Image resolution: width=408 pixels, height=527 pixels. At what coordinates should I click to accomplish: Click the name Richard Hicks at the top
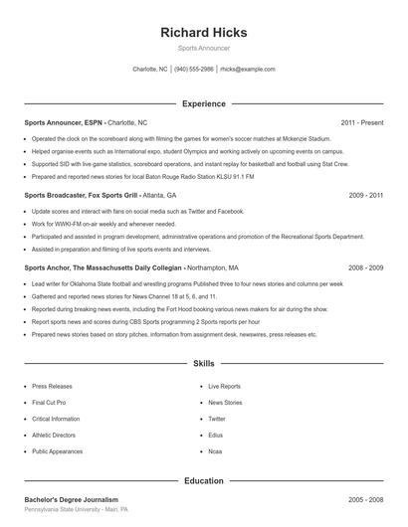click(x=204, y=32)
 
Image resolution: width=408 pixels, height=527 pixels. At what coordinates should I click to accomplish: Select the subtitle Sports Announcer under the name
click(x=204, y=48)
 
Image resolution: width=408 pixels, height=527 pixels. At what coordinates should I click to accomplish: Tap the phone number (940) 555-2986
click(x=194, y=70)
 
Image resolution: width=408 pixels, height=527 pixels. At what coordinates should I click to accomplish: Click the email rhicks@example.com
click(x=248, y=70)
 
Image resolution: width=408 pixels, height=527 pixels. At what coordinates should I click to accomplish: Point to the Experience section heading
click(x=204, y=103)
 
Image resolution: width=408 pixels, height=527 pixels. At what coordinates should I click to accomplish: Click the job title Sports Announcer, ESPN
click(x=64, y=122)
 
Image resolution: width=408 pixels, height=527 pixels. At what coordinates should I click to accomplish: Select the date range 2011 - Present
click(x=361, y=122)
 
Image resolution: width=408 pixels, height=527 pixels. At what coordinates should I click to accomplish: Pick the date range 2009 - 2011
click(x=365, y=196)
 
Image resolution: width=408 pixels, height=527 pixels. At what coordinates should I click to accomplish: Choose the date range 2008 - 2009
click(x=365, y=268)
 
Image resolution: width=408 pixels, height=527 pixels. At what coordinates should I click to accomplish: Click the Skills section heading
click(x=204, y=365)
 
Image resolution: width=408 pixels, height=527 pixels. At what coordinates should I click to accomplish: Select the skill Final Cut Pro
click(x=49, y=403)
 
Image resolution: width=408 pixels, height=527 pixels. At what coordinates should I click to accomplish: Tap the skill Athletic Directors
click(x=55, y=435)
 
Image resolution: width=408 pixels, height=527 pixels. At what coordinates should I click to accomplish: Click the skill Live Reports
click(x=224, y=386)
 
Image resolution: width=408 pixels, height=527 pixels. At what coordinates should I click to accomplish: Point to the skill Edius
click(x=214, y=435)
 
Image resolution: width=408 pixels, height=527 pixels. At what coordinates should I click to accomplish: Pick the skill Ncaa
click(x=214, y=451)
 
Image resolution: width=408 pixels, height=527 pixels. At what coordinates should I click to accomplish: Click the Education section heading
click(x=204, y=480)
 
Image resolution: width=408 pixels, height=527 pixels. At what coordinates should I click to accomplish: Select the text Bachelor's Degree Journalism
click(x=72, y=499)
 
